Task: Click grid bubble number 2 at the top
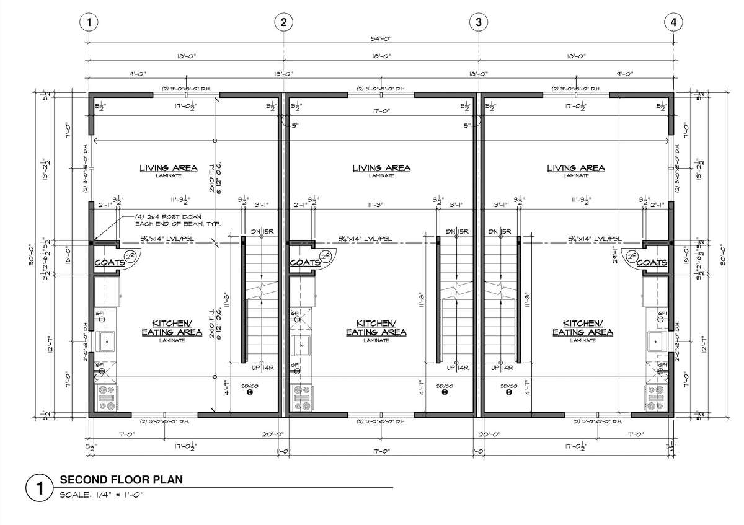pos(283,22)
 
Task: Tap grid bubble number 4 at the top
pos(673,22)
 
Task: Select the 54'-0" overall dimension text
pos(381,38)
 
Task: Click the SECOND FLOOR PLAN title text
pos(121,480)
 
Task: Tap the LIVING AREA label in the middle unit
pos(381,168)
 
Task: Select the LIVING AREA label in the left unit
pos(168,168)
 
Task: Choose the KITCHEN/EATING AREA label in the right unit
pos(583,328)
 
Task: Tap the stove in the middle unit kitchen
pos(301,397)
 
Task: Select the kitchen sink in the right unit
pos(656,340)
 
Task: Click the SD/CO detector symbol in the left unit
pos(250,392)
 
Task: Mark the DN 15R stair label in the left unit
pos(262,232)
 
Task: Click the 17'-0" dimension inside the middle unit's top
pos(381,112)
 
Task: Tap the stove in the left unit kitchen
pos(106,397)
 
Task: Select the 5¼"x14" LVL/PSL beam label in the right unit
pos(595,239)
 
